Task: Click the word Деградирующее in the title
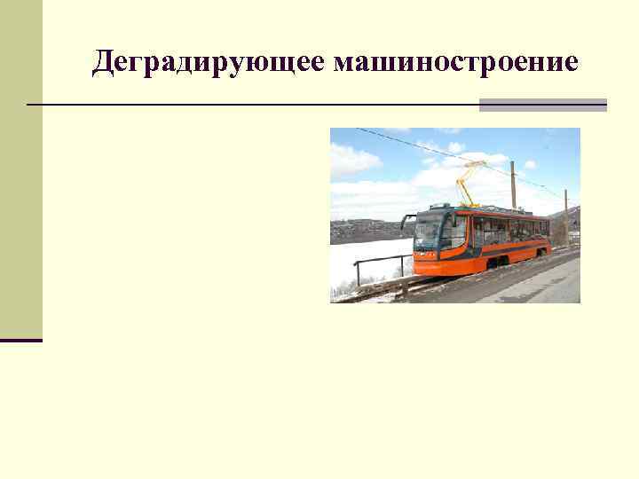(209, 63)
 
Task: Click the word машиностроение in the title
(456, 62)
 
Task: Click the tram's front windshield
(428, 231)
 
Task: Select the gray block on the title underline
(542, 105)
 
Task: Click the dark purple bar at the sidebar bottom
(21, 340)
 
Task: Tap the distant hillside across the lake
(364, 229)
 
